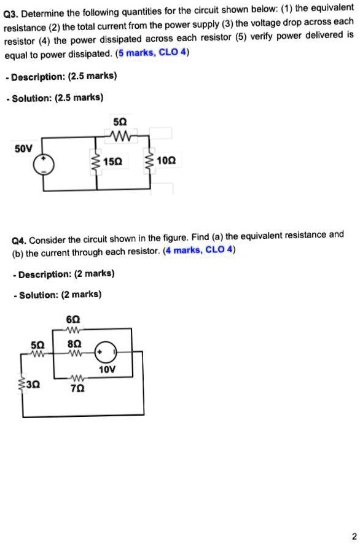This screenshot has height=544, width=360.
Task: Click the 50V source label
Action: click(x=24, y=147)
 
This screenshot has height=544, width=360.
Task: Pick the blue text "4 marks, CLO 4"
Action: click(x=199, y=250)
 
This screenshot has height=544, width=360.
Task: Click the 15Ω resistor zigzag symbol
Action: click(x=95, y=162)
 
